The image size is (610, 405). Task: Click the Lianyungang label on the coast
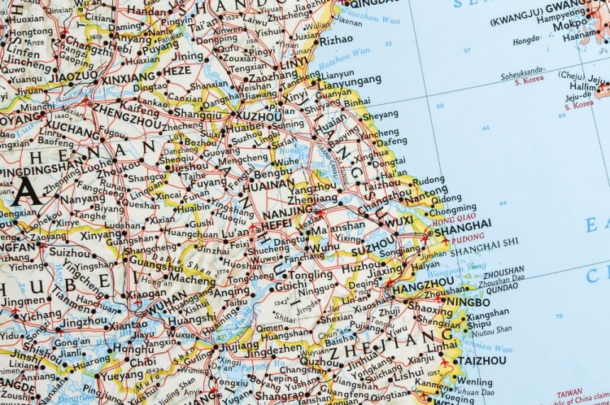tap(351, 80)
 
